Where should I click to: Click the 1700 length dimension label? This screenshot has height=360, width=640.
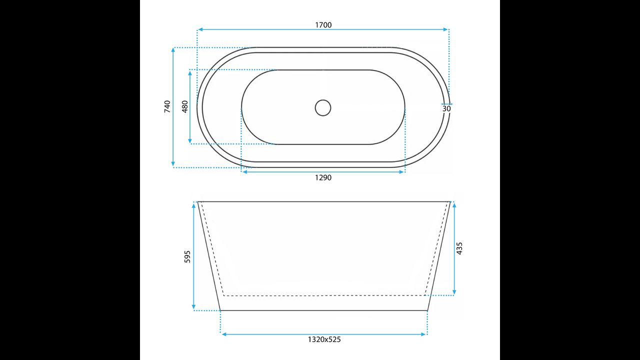[323, 25]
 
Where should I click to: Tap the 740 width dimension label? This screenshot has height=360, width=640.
[167, 106]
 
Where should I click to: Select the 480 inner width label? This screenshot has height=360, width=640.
[185, 106]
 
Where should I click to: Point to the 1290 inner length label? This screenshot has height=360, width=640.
[323, 177]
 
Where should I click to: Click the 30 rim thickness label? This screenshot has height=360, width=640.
[446, 109]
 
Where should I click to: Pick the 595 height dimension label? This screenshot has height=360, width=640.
[187, 256]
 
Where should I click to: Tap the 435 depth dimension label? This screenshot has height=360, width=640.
[459, 248]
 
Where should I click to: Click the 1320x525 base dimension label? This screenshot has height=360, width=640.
[324, 339]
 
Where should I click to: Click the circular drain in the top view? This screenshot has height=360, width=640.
[323, 107]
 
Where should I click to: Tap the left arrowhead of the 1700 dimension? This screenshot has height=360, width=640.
[200, 29]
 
